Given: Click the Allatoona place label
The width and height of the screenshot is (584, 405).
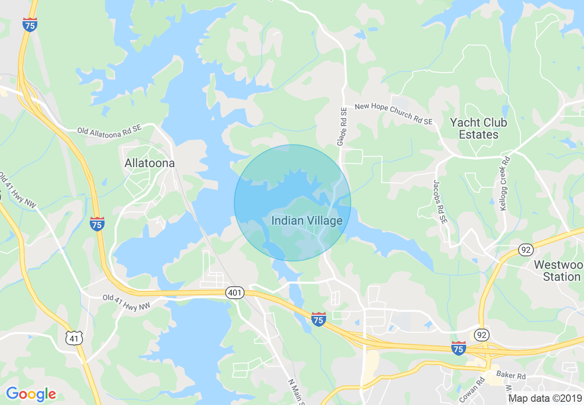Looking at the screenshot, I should point(150,163).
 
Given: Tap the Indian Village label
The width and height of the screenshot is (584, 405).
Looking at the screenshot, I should point(307,221).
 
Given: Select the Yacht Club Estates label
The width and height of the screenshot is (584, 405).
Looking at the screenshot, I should point(478,129).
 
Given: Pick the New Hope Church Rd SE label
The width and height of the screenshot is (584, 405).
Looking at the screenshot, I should point(393,114).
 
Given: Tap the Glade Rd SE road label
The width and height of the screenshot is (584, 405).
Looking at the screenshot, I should point(342,127).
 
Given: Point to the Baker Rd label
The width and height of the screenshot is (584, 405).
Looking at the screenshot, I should point(512,376).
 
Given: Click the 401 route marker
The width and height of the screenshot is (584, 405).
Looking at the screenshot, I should point(235,293).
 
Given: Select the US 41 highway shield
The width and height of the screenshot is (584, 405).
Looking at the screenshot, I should point(74,338).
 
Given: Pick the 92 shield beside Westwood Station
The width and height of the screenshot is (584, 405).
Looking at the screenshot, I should point(526,250).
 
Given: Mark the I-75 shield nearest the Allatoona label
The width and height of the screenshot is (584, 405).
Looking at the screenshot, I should point(97,224).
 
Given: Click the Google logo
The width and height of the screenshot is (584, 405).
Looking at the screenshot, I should point(31,393).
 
